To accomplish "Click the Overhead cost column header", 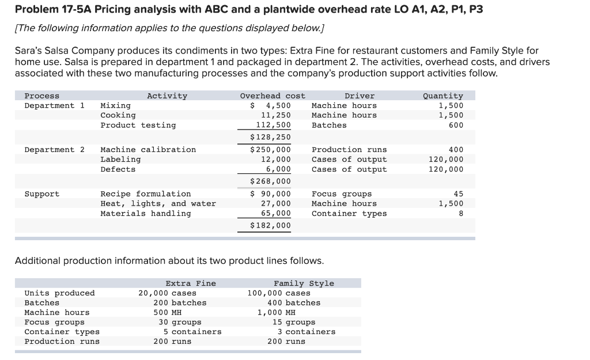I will (273, 96).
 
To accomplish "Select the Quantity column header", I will (442, 96).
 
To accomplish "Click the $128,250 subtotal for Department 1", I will (270, 137).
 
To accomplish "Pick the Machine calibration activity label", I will (148, 150).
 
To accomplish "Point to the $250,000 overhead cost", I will (270, 150).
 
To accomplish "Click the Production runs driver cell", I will (349, 150).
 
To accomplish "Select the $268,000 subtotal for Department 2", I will (270, 181).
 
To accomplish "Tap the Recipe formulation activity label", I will (146, 194).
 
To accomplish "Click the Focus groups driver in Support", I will (342, 194).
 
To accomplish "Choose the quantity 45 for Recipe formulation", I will (458, 194).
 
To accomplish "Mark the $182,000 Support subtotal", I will (270, 226).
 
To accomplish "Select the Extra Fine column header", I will (191, 283).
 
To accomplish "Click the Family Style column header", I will (304, 283).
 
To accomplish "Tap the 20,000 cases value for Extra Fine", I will (167, 293).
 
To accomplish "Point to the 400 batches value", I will (294, 303).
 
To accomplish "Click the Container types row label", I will (62, 332).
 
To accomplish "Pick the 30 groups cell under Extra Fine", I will (180, 322).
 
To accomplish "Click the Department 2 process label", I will (54, 150).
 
